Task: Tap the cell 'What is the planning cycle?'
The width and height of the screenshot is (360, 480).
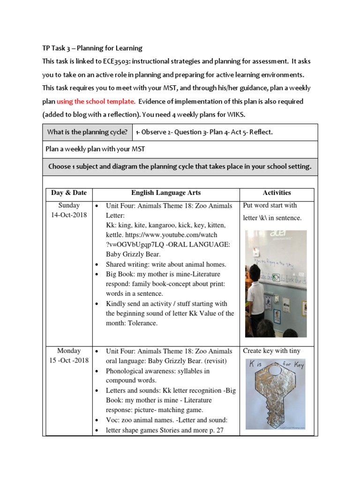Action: [x=87, y=132]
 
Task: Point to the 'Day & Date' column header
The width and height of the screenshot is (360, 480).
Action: [x=69, y=193]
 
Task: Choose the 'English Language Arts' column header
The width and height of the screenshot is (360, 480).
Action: [x=166, y=193]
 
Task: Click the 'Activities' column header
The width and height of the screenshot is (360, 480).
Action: [x=277, y=193]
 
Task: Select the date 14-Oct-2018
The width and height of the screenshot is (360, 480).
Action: [x=69, y=215]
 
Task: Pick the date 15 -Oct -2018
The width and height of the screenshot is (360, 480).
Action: [x=69, y=360]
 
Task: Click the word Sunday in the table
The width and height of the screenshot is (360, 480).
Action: [x=69, y=205]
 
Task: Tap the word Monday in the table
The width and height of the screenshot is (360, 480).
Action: [x=69, y=351]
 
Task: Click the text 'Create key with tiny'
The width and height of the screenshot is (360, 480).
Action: [x=271, y=351]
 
